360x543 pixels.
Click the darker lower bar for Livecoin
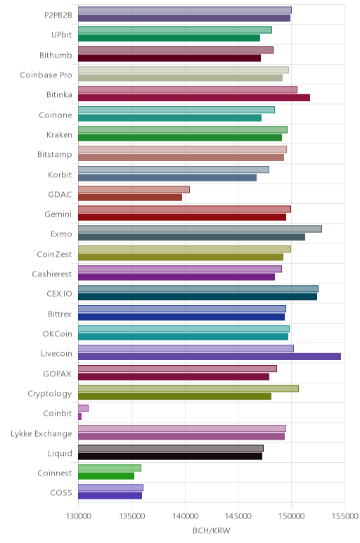210,357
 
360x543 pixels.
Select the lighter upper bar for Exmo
200,229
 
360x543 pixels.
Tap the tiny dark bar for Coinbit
80,416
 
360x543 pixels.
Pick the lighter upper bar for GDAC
134,189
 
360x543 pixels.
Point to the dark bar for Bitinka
194,98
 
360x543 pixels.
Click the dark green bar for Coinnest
106,476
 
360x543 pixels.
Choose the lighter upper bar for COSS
111,488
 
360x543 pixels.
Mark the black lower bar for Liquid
170,456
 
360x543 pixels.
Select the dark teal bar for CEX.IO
198,297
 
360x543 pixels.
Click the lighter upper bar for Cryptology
188,388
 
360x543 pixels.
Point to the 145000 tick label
238,516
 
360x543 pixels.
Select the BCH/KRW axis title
211,530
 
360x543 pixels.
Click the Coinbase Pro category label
46,75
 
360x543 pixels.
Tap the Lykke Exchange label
41,434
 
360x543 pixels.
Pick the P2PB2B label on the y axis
58,15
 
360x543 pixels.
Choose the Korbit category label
60,174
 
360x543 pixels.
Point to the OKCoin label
57,334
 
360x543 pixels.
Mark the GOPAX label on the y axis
57,373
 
